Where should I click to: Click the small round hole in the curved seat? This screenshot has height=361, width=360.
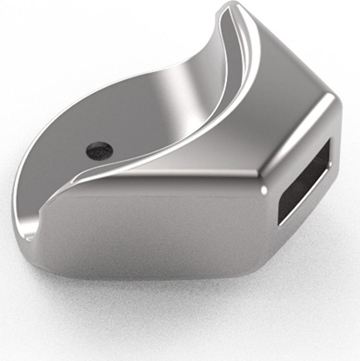[99, 150]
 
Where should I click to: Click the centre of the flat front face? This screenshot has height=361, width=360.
[148, 231]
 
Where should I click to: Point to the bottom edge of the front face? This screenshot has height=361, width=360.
[148, 275]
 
